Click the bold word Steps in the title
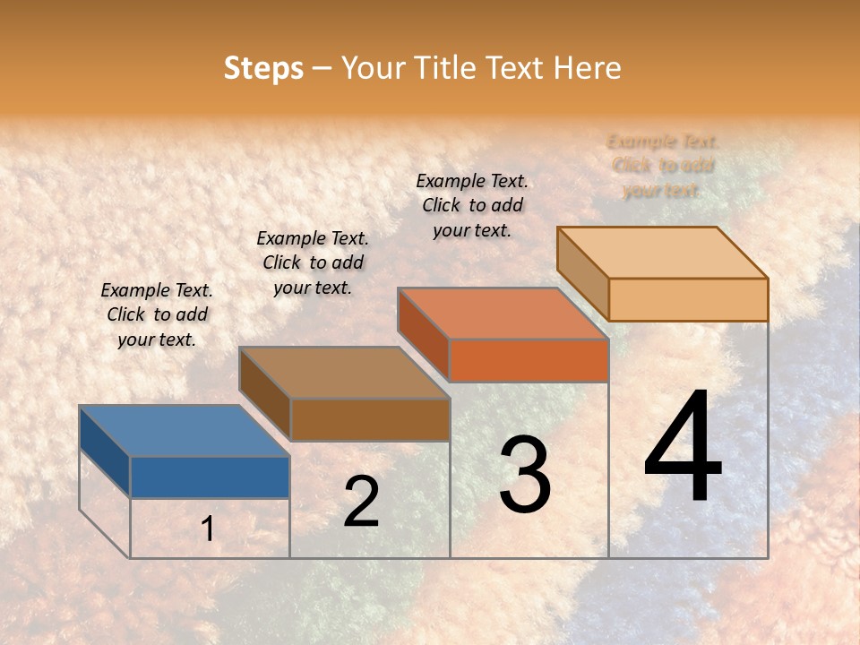tap(263, 68)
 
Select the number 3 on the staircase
tap(525, 475)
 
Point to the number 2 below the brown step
tap(361, 502)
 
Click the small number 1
tap(208, 529)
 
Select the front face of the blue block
tap(210, 477)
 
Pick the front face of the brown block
tap(370, 419)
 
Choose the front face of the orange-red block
tap(529, 360)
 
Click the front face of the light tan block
tap(688, 299)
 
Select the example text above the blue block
tap(157, 314)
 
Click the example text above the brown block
tap(313, 262)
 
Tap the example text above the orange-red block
tap(472, 205)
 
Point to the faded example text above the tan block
tap(663, 166)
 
